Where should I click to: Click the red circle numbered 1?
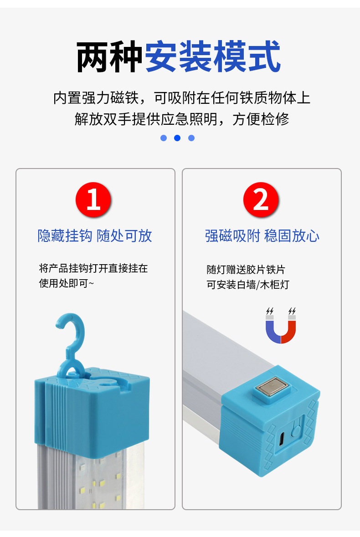pyautogui.click(x=93, y=200)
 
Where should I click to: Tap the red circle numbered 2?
pyautogui.click(x=261, y=200)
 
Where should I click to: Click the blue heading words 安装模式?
pyautogui.click(x=212, y=57)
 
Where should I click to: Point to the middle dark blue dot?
pyautogui.click(x=177, y=138)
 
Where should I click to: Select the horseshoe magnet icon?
pyautogui.click(x=281, y=326)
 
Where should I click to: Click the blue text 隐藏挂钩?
pyautogui.click(x=65, y=236)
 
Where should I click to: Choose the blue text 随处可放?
pyautogui.click(x=124, y=236)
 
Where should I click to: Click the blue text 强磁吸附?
pyautogui.click(x=232, y=236)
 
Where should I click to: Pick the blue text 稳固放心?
pyautogui.click(x=292, y=236)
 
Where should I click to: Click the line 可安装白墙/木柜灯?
pyautogui.click(x=247, y=285)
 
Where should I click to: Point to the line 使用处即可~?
pyautogui.click(x=67, y=283)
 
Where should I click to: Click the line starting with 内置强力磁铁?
pyautogui.click(x=181, y=98)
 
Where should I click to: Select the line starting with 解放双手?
pyautogui.click(x=181, y=119)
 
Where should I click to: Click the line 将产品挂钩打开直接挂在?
pyautogui.click(x=93, y=268)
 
